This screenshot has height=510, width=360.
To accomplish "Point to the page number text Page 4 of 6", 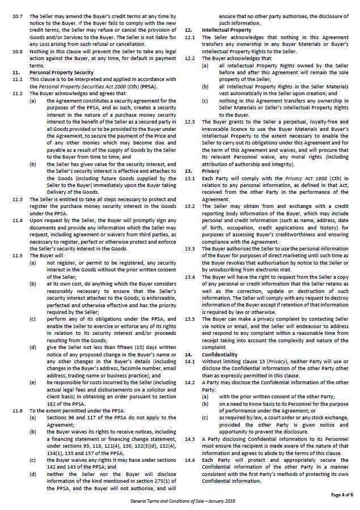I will tap(342, 494).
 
